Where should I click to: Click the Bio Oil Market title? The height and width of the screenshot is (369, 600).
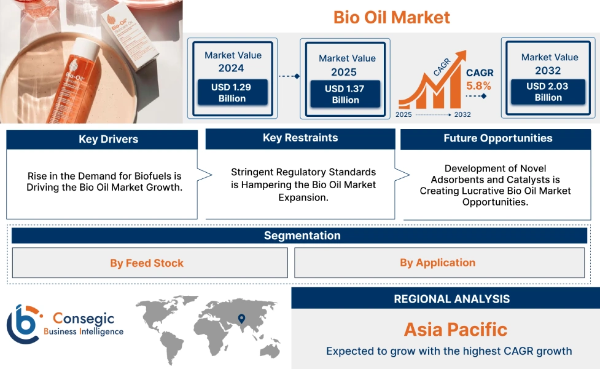click(391, 17)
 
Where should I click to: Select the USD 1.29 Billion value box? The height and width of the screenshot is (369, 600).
click(232, 93)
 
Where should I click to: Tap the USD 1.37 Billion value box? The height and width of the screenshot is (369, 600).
click(345, 94)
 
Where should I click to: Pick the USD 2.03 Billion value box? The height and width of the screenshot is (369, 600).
click(548, 92)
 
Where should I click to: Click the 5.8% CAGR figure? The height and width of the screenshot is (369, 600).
click(478, 85)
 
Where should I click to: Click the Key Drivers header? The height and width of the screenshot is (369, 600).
click(102, 140)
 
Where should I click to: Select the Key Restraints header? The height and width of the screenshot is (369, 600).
click(300, 138)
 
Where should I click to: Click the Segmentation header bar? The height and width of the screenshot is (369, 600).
click(302, 236)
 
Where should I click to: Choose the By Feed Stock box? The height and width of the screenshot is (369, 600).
click(147, 263)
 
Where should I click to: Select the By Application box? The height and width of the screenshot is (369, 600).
click(437, 263)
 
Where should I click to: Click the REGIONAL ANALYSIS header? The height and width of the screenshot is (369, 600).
click(451, 300)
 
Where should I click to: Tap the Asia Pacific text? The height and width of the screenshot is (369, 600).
click(455, 330)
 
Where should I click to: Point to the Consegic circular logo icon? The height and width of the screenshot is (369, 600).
click(23, 324)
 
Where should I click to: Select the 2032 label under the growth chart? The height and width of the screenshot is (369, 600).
click(462, 115)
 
